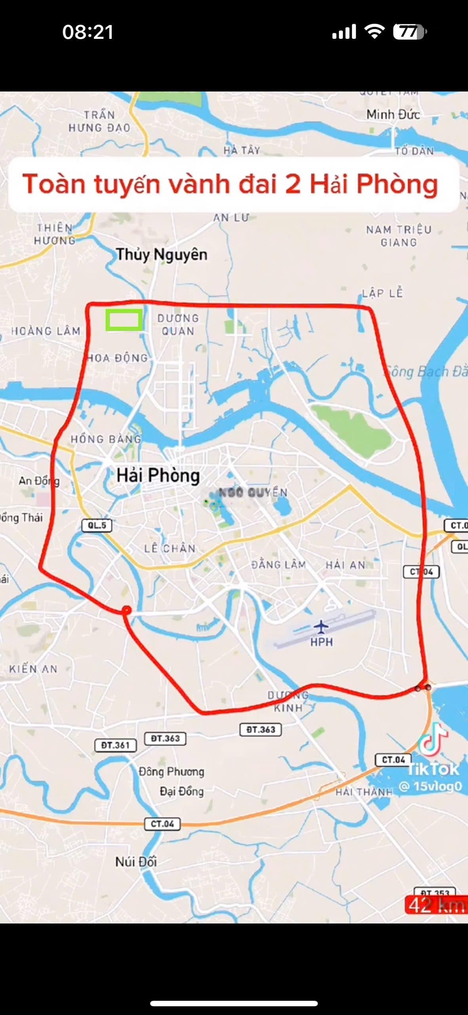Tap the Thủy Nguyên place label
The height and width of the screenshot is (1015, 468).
coord(162,255)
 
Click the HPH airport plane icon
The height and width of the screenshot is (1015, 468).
coord(321,627)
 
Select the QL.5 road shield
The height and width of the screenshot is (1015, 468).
coord(97,525)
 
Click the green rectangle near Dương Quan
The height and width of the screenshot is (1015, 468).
coord(124,320)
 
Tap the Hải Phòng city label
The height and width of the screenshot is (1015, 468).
coord(158,475)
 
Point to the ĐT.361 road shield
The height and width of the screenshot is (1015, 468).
coord(116,745)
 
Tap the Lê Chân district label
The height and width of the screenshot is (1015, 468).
coord(170,548)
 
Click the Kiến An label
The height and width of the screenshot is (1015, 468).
coord(34,669)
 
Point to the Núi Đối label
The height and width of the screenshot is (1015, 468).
coord(136,862)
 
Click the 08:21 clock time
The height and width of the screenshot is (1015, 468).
coord(88,32)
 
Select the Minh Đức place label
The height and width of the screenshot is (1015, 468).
coord(393,115)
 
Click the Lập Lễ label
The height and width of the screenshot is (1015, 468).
coord(382,293)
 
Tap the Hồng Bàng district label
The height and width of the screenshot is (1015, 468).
coord(106,439)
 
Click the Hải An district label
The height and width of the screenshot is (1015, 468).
coord(345,565)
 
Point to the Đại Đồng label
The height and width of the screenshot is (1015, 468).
coord(182,791)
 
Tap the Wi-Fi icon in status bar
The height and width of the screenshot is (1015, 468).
coord(375,31)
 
